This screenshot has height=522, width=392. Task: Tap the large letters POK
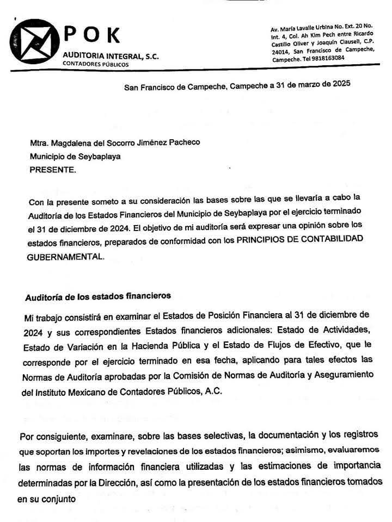point(92,34)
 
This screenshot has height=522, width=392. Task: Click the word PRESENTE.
point(53,170)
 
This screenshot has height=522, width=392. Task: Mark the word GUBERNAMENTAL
point(64,257)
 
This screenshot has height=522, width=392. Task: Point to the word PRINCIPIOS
point(256,240)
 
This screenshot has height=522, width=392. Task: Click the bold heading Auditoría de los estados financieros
point(98,297)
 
